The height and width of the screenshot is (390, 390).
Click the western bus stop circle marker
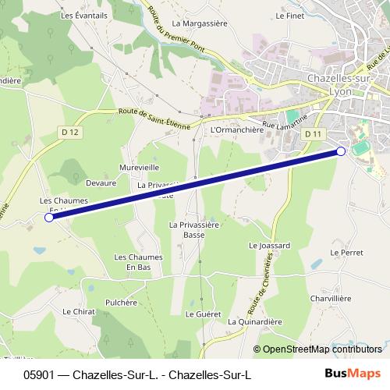[49, 218]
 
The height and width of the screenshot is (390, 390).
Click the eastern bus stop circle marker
[341, 151]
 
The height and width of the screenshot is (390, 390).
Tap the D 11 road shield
[314, 134]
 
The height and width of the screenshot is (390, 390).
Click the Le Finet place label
[289, 15]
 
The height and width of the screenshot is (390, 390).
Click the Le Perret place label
[346, 253]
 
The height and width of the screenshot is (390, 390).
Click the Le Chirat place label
[78, 310]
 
